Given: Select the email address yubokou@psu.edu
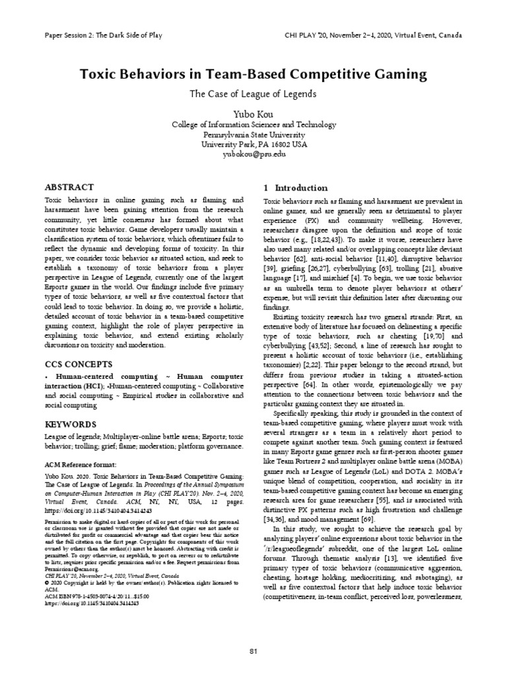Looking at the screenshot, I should point(253,153).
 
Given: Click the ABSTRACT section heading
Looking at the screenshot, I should point(69,187).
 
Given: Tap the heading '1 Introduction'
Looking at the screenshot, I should point(295,188).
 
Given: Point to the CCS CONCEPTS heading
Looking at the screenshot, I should point(77,364).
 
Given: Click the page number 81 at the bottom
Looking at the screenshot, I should point(253,652).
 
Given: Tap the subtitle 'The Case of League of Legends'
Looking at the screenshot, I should point(253,93).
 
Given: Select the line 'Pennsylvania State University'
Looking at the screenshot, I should point(253,133).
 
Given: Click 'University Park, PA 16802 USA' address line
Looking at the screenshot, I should point(253,143).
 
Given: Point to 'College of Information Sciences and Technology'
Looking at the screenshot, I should point(253,124).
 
